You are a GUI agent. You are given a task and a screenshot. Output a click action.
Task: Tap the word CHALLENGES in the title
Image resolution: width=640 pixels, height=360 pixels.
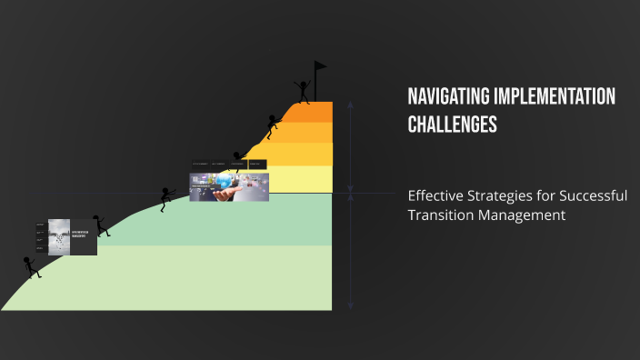pos(452,125)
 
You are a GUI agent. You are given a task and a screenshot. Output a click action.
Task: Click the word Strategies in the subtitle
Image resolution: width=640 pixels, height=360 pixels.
pos(502,195)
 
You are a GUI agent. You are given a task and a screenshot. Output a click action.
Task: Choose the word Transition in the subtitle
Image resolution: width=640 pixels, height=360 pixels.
pos(439,215)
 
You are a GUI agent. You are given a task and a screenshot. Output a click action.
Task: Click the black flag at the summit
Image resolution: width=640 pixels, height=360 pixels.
pos(319,68)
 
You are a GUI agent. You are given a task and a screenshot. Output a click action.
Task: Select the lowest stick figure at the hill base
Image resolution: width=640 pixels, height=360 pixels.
pos(31,265)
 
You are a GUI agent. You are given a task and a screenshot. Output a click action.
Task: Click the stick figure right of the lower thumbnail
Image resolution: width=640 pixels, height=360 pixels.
pos(101,225)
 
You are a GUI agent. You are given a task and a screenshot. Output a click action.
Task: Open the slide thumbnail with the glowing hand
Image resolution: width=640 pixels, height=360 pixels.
pos(228,185)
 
